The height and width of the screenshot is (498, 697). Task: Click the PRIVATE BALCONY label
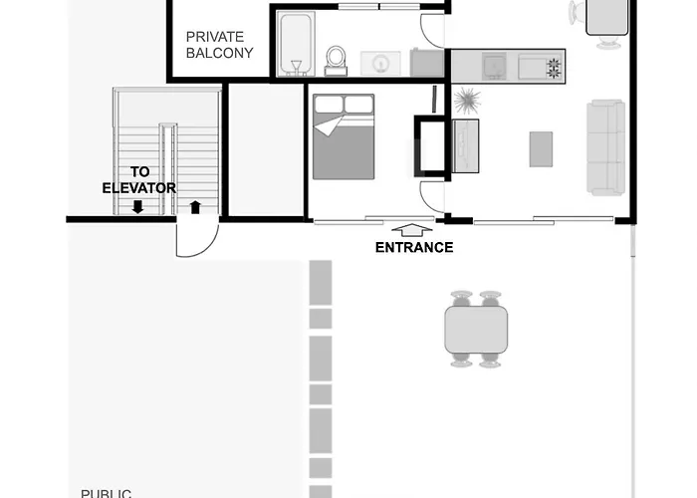tap(219, 45)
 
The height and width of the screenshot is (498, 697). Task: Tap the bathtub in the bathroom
tap(296, 44)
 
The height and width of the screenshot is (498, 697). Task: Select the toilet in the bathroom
tap(336, 61)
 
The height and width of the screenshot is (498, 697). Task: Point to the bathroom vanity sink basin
tap(380, 63)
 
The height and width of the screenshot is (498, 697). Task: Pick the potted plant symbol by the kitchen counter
tap(466, 100)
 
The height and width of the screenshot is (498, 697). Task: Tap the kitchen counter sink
tap(495, 67)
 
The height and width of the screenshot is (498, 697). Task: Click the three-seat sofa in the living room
tap(605, 146)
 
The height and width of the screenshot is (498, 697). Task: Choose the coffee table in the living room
tap(541, 149)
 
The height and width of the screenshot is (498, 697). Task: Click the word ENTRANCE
tap(414, 248)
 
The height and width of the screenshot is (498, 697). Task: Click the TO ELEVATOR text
tap(139, 179)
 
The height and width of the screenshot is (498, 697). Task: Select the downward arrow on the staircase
tap(137, 207)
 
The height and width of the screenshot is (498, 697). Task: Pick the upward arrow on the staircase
tap(195, 207)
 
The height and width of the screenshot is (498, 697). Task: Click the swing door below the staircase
tap(196, 239)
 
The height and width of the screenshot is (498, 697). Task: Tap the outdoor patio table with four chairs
tap(475, 330)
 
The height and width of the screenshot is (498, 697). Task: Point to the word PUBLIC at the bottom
tap(106, 492)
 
